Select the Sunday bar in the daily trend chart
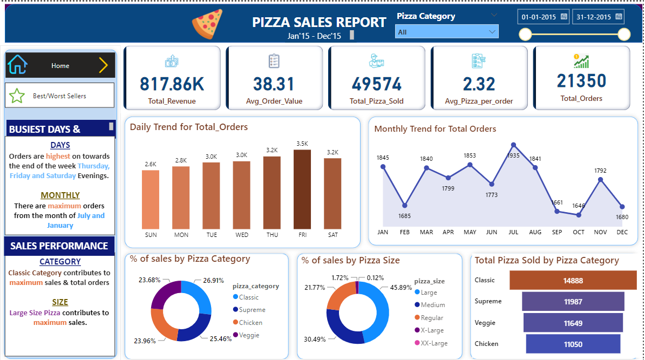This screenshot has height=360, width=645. pos(151,199)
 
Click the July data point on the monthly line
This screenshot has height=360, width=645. pos(513,145)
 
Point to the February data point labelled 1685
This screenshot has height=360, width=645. pos(404,206)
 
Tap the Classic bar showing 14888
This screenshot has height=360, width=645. pos(573,281)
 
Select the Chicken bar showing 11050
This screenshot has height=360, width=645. pos(573,344)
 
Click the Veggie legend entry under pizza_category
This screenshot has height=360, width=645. pos(249,335)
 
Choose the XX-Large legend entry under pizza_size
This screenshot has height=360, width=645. pos(433,343)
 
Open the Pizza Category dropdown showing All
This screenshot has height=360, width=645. pos(446,32)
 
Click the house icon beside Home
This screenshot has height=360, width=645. pos(17,65)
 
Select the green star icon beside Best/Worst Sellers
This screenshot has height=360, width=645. pos(17,96)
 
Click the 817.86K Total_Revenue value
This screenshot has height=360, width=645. pos(172,84)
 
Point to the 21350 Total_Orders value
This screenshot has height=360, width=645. pos(581,81)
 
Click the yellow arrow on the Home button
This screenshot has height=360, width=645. pos(103,65)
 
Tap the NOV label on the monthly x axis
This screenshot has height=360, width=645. pos(600,233)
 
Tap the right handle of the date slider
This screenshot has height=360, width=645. pos(623,35)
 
